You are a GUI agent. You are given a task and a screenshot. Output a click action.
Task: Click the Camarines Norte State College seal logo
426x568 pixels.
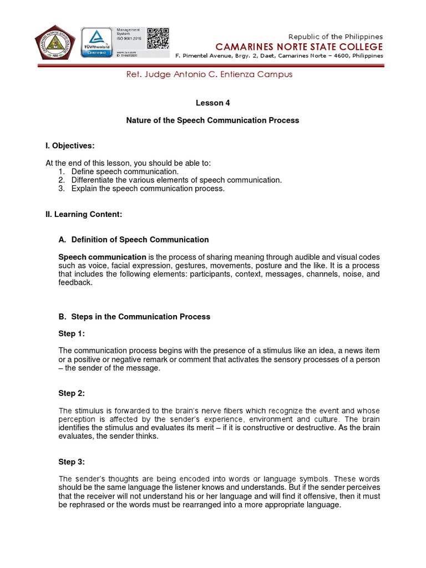pos(56,45)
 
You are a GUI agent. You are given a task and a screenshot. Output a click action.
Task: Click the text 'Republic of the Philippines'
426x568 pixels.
pos(336,37)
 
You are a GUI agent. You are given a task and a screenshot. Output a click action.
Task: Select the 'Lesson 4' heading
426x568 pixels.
pos(212,103)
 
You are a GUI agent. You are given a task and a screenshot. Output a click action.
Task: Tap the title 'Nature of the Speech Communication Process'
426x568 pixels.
pos(212,120)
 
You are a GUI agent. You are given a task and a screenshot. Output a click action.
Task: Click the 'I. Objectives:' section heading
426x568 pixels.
pos(70,146)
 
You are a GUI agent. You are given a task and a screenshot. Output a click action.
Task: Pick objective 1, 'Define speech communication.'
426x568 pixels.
pos(125,171)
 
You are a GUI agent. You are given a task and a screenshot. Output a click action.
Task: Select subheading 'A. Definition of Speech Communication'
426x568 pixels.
pos(134,240)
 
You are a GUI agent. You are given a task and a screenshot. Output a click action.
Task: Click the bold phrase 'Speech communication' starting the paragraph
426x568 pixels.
pos(103,257)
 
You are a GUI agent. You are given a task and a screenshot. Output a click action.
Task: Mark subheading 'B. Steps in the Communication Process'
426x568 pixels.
pos(134,317)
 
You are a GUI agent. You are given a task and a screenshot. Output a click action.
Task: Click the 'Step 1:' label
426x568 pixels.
pos(72,333)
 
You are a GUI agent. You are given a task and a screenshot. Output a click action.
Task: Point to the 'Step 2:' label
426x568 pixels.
pos(72,393)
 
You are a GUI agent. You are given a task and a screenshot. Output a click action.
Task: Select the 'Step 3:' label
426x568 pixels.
pos(72,461)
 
